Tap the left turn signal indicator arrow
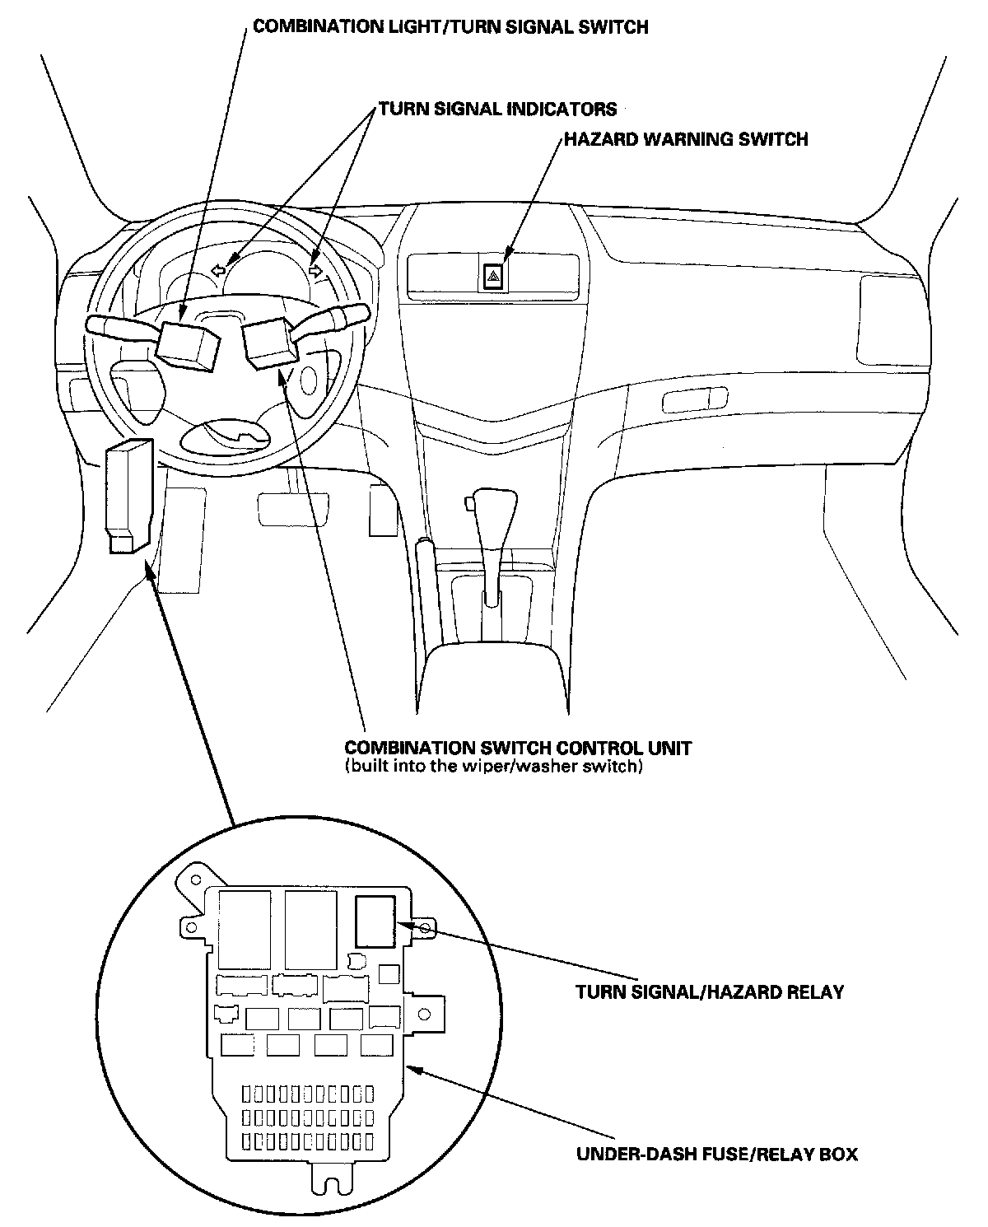tap(218, 269)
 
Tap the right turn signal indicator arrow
tap(315, 268)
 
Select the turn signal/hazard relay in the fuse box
tap(375, 921)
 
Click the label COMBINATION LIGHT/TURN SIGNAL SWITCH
tap(450, 27)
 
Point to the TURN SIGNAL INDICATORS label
tap(497, 109)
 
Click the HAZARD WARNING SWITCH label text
tap(685, 139)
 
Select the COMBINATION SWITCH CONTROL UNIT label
tap(517, 748)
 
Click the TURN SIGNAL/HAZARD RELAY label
tap(709, 991)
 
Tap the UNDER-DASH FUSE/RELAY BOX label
tap(716, 1154)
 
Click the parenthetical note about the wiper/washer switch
tap(492, 767)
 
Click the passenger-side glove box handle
tap(694, 402)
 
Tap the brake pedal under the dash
tap(293, 508)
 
